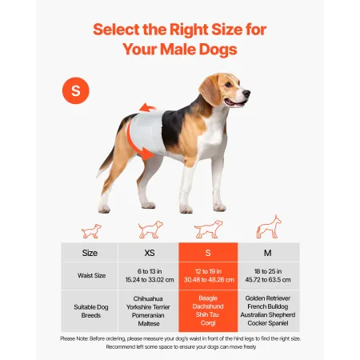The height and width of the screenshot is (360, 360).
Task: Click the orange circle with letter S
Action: coord(76,91)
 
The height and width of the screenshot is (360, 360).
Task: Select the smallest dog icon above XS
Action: coord(91,230)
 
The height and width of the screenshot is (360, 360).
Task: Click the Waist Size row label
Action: coord(90,275)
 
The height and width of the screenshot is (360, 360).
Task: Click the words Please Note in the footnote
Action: coord(76,338)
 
